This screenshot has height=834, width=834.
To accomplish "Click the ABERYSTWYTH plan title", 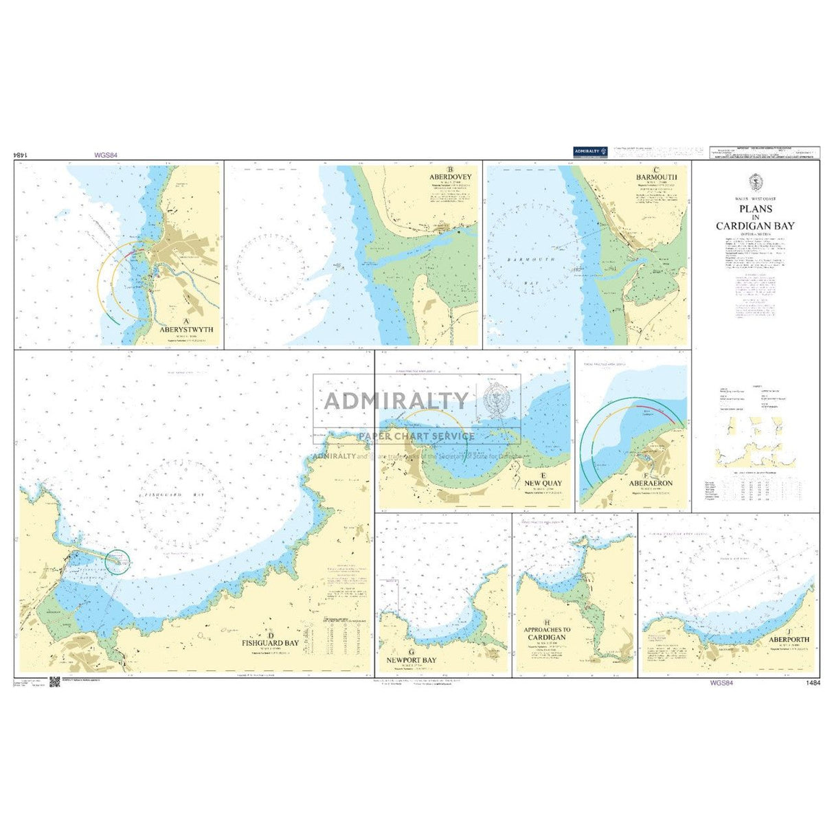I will click(x=185, y=329).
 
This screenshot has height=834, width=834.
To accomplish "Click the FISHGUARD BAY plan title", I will click(x=270, y=643).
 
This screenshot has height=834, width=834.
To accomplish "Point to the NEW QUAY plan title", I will click(x=543, y=483).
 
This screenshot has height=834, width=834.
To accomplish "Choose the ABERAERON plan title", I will click(x=645, y=484).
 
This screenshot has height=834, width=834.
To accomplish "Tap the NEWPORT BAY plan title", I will click(x=411, y=660).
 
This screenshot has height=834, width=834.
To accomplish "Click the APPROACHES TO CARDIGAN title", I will click(x=547, y=633).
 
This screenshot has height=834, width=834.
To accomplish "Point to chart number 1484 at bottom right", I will click(x=809, y=684).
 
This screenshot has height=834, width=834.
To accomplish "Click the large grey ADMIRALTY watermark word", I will click(x=396, y=400).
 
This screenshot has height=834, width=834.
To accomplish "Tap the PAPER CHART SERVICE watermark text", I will click(x=416, y=436).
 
